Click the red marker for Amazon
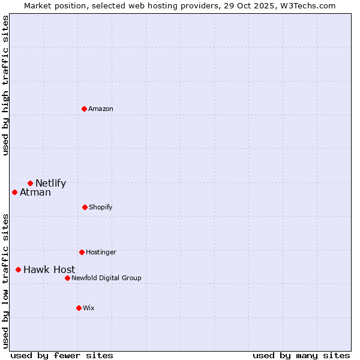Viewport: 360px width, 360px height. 85,109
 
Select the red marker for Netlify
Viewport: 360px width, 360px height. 30,183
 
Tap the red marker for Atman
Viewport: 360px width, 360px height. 15,192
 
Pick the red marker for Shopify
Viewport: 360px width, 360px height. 85,207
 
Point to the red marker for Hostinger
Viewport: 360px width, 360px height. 82,252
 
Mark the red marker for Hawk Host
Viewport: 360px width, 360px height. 18,269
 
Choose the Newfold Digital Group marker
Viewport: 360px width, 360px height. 67,278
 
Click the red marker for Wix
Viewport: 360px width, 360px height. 79,308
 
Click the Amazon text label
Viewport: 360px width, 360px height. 101,109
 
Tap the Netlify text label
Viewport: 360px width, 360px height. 50,184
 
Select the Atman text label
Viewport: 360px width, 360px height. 35,193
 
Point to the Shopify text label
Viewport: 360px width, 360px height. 101,207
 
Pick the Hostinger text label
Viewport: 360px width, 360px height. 101,252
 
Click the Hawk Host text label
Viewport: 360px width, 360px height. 49,270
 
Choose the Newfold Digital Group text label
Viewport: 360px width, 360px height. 106,278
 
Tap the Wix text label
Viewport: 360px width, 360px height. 89,308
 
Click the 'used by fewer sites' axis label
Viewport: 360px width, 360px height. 62,355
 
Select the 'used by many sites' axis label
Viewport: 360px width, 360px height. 301,355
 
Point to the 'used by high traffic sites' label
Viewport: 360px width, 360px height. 5,85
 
